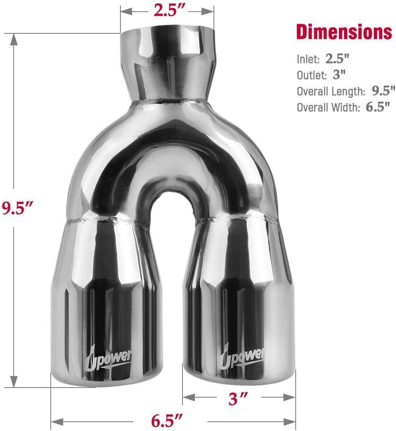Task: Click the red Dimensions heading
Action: pos(344,32)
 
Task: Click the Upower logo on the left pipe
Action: pos(108,359)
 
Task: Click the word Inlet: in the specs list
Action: pos(308,59)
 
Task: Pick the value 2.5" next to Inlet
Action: pos(337,58)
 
